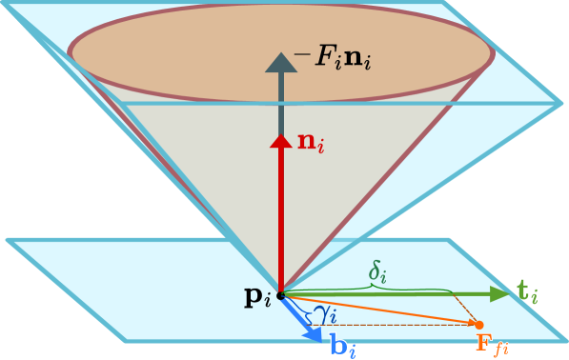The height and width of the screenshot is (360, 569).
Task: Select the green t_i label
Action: (x=527, y=291)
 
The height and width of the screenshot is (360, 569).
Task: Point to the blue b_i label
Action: (x=342, y=345)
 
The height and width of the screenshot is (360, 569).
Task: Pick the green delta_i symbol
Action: (x=377, y=271)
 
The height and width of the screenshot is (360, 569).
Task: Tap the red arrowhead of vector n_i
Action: (x=280, y=141)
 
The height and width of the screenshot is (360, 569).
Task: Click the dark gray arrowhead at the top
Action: (x=281, y=62)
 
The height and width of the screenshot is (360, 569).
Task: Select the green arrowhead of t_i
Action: (x=499, y=293)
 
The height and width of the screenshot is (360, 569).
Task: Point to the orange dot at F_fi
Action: (x=479, y=325)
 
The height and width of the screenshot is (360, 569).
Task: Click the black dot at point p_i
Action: (x=280, y=295)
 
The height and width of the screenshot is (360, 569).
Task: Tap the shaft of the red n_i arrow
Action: (x=280, y=219)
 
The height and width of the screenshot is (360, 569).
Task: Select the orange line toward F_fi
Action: (x=381, y=310)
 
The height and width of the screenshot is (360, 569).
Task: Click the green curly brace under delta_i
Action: (x=367, y=288)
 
